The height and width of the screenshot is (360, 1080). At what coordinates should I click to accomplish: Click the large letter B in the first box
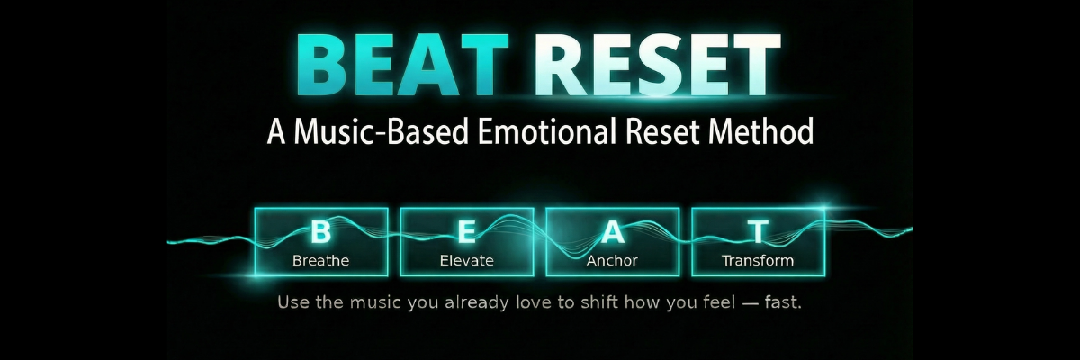(320, 233)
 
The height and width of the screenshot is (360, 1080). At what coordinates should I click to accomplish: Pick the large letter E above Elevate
(466, 233)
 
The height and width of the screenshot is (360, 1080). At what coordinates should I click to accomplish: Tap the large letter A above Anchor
(612, 233)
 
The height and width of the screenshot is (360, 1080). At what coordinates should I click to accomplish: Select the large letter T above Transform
(758, 233)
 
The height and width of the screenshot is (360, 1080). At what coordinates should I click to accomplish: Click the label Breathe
(320, 261)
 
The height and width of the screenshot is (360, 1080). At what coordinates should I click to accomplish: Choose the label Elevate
(466, 261)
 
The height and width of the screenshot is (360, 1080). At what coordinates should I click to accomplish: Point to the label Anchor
(612, 261)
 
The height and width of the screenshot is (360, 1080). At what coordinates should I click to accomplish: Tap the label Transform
(758, 261)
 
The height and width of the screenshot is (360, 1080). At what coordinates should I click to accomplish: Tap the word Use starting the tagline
(294, 301)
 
